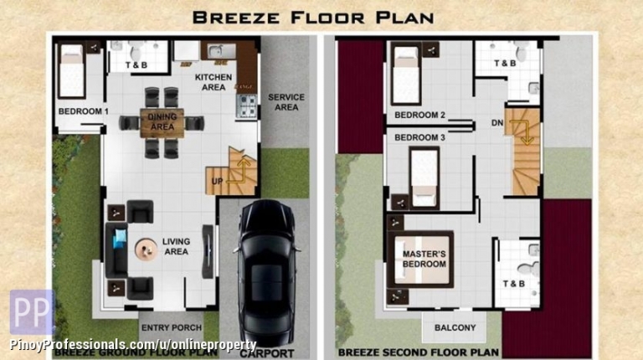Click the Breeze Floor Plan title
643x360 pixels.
point(313,18)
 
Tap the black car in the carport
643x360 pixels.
point(267,273)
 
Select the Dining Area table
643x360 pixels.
point(162,122)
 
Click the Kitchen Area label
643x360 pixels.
point(213,82)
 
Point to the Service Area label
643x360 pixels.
point(286,102)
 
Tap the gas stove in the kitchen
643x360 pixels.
point(246,106)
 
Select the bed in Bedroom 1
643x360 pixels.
point(72,70)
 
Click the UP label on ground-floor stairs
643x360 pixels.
point(217,181)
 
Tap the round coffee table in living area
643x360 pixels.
point(146,249)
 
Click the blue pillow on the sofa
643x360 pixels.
point(121,239)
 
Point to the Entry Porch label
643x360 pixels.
point(172,327)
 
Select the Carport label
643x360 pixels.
point(267,353)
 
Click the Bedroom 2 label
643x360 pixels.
point(419,116)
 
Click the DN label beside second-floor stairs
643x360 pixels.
point(497,122)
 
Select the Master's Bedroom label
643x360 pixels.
point(424,260)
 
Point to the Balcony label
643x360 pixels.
point(455,327)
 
